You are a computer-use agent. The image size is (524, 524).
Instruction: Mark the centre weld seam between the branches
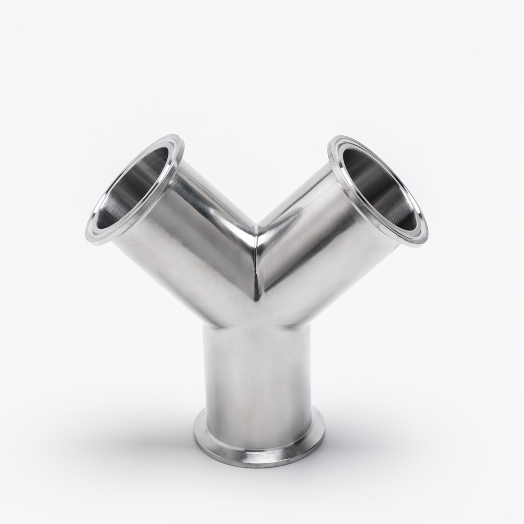tap(257, 262)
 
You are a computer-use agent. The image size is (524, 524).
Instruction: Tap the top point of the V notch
tap(256, 225)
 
